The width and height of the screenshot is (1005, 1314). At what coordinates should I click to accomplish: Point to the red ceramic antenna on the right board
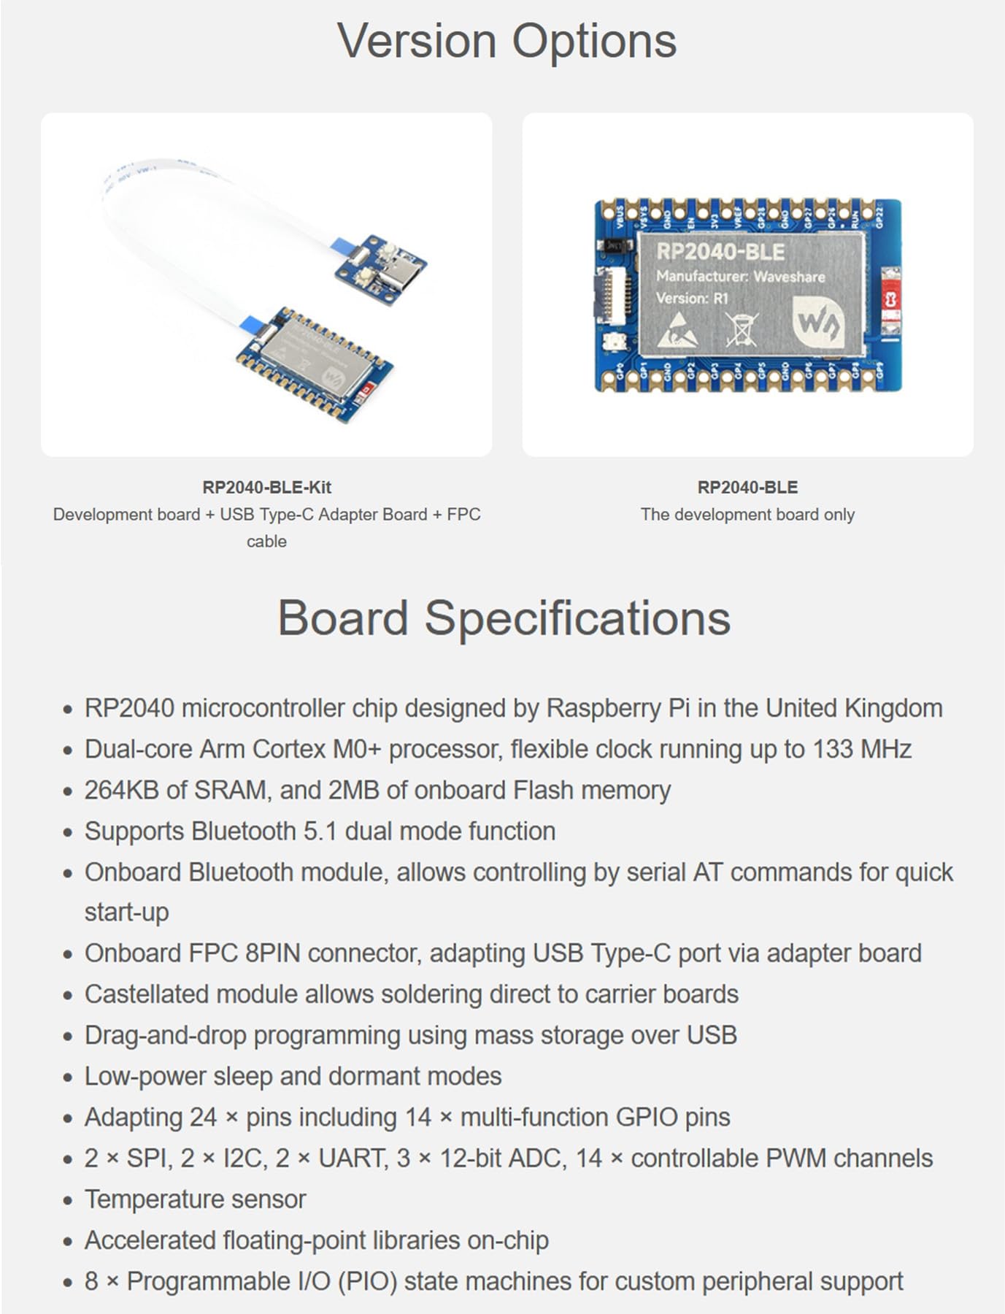890,301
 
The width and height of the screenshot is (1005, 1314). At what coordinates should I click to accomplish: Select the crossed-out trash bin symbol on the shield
742,328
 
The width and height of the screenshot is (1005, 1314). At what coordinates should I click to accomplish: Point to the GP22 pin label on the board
879,217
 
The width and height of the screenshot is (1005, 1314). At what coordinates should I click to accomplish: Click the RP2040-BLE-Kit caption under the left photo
266,487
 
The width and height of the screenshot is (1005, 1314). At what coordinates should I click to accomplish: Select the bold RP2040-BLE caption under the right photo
747,487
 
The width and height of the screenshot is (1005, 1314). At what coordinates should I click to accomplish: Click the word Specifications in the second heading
577,618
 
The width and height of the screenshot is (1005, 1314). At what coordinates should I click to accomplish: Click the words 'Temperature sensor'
195,1199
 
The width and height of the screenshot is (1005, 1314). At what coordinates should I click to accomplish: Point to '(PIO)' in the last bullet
367,1281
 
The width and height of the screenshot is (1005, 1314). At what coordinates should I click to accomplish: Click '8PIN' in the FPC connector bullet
272,953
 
